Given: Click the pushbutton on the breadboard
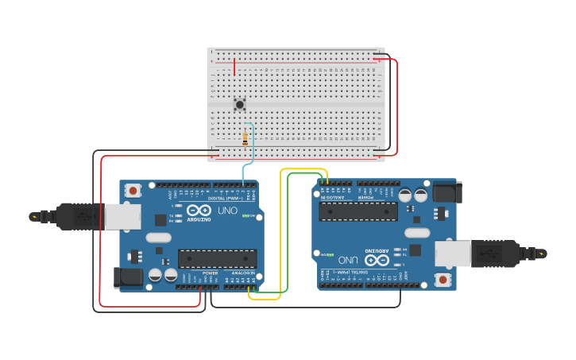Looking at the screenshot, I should click(239, 104).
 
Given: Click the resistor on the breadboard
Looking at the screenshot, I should click(245, 139).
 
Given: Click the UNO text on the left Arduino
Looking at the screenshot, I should click(227, 211).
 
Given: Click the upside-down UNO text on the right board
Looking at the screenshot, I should click(348, 260).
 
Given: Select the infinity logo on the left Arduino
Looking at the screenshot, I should click(199, 211).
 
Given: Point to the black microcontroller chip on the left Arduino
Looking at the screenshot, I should click(217, 258).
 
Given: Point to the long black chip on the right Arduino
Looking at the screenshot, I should click(358, 211).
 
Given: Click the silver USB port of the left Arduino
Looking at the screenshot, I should click(123, 216).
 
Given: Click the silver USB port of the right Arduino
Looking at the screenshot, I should click(453, 254).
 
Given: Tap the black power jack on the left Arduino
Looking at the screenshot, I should click(128, 277).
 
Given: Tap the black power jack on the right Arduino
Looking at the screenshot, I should click(446, 192).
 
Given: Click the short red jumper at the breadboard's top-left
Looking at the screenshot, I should click(234, 66).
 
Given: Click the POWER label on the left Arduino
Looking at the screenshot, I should click(210, 273).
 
